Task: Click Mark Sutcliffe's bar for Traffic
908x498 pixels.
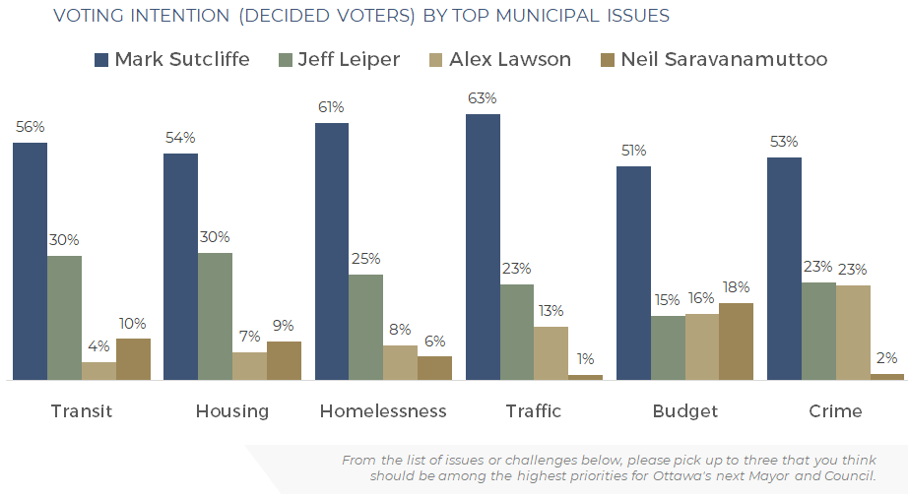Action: [483, 247]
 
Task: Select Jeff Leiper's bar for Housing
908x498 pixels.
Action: [215, 316]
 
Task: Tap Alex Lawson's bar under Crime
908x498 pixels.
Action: [853, 333]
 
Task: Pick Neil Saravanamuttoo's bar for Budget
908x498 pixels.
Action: [736, 342]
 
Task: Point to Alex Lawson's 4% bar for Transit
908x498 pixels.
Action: [99, 371]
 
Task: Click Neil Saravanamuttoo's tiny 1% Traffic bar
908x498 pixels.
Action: [585, 377]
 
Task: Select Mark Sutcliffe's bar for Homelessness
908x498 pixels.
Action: [332, 252]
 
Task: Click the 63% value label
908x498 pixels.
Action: [483, 98]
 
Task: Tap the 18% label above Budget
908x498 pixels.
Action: [736, 286]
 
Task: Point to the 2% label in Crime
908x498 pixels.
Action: [886, 358]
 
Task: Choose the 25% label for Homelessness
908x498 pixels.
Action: [366, 259]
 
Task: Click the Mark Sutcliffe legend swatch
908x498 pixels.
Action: [101, 60]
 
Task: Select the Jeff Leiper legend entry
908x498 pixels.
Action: [340, 60]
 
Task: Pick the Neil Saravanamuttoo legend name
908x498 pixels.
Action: [724, 60]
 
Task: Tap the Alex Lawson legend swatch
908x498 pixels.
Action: [435, 60]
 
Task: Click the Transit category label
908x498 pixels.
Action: [82, 411]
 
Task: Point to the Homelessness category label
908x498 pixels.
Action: [383, 411]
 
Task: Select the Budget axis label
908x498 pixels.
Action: [685, 411]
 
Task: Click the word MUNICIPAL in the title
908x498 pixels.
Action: [548, 16]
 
